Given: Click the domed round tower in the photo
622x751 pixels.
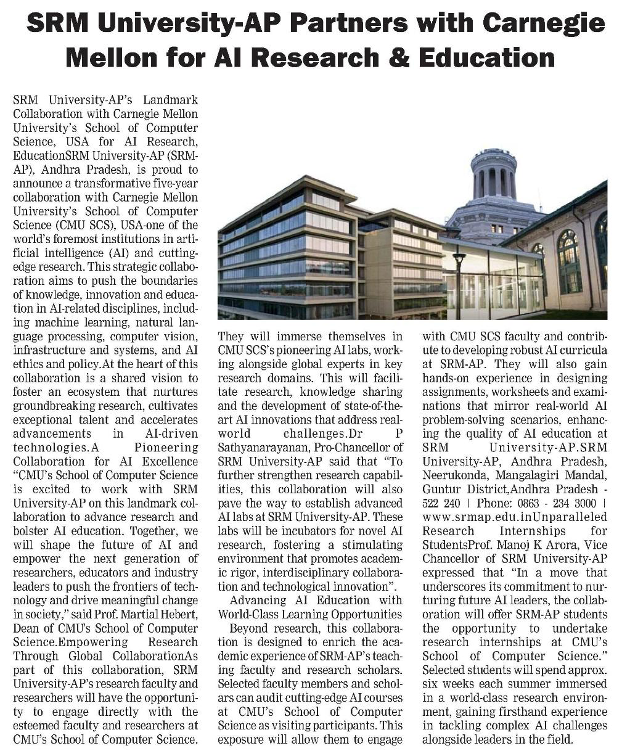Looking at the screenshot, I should (x=495, y=179).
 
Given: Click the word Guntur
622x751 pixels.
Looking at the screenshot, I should (x=441, y=489).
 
